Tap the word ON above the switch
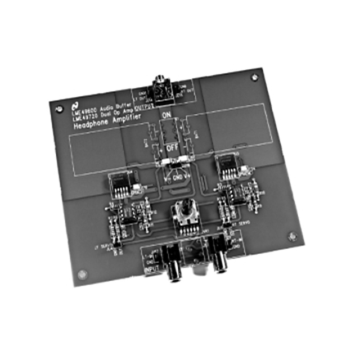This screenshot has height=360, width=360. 166,116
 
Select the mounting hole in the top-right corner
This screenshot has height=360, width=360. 256,75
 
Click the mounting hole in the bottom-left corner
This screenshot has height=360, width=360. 83,274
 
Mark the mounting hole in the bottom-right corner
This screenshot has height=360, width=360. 291,237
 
